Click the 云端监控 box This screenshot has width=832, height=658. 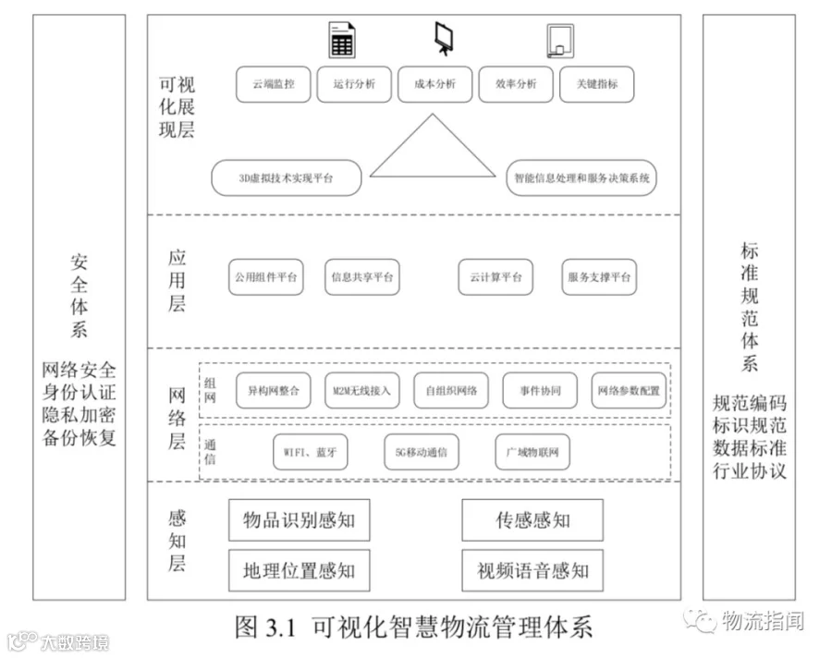274,84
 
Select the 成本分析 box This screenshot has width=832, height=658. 434,84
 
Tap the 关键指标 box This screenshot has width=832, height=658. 597,84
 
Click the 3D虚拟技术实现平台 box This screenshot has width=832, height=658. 286,178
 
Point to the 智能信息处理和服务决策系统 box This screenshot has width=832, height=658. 581,178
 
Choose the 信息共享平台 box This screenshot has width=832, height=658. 361,277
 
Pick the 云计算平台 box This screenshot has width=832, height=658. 495,277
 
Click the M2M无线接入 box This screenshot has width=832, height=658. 361,391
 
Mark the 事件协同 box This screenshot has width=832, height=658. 540,391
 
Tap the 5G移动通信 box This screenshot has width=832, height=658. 421,453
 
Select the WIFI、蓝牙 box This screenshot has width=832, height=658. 311,453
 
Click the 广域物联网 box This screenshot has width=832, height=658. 532,453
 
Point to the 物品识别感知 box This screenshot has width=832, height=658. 299,520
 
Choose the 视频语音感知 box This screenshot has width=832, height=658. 532,570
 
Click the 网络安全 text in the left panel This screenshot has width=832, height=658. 80,372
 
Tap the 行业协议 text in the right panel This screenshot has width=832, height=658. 750,471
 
